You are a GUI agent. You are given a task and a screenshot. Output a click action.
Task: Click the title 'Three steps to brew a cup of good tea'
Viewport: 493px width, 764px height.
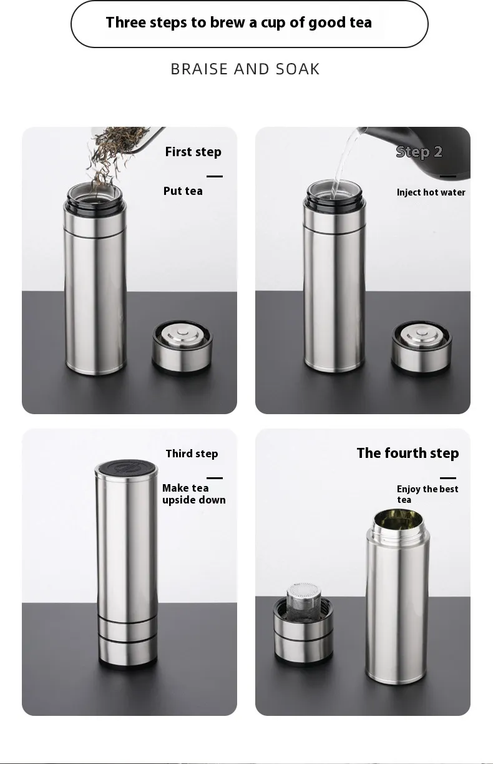click(238, 22)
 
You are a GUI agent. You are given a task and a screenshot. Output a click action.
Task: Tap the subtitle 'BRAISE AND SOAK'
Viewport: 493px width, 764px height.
click(245, 69)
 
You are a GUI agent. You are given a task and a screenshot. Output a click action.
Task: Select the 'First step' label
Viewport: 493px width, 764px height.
click(193, 152)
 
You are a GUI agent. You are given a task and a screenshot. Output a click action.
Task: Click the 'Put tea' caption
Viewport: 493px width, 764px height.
click(183, 191)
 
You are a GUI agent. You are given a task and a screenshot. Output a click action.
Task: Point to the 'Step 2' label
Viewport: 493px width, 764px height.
click(419, 152)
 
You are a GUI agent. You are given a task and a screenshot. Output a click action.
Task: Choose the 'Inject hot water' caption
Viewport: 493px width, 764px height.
click(431, 192)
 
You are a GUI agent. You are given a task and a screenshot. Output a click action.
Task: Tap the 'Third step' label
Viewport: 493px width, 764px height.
click(192, 454)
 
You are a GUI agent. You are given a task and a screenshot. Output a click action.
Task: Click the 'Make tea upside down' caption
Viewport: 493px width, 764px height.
click(194, 494)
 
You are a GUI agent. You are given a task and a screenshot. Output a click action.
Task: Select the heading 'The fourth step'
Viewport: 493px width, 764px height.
click(408, 454)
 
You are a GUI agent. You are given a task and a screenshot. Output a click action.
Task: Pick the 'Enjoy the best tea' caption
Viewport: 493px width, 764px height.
click(427, 494)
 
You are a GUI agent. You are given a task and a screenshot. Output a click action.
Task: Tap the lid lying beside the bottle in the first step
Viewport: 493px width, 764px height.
click(182, 347)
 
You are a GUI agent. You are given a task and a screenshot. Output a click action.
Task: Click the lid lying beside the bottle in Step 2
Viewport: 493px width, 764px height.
click(421, 348)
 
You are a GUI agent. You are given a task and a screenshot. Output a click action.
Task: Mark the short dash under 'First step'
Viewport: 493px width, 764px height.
click(215, 176)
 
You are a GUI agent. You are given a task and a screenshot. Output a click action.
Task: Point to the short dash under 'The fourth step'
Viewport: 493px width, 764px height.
click(448, 478)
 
